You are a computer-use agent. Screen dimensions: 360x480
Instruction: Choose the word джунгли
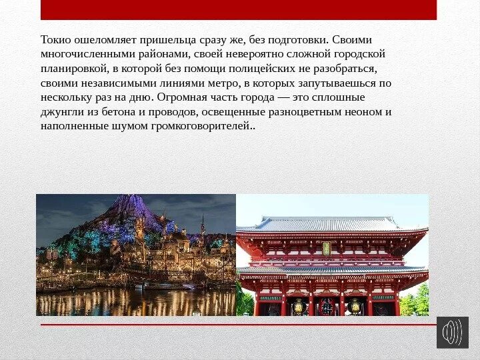click(60, 112)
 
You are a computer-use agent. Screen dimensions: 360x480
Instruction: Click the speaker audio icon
click(453, 332)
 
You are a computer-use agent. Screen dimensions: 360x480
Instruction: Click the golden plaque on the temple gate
click(327, 248)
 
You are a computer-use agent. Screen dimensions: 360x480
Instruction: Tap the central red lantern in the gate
click(327, 305)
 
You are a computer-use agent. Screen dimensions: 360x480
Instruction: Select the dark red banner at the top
click(239, 9)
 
